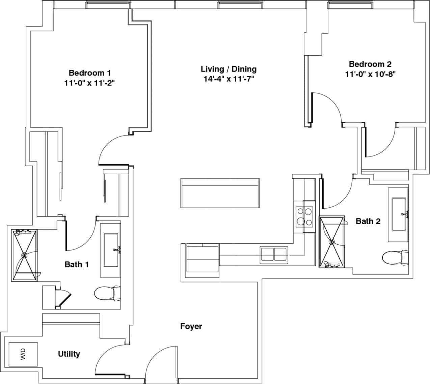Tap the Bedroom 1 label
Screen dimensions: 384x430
(89, 73)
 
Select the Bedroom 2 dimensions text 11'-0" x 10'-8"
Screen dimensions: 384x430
(370, 74)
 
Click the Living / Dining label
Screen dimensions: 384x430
(229, 69)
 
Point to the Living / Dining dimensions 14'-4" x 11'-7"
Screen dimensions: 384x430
(229, 79)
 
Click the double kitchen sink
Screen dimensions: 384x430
(274, 254)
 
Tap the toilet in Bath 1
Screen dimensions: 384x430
(108, 293)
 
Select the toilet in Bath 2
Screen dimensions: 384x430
(396, 258)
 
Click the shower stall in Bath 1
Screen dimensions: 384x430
(25, 255)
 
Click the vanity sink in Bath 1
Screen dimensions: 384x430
(111, 249)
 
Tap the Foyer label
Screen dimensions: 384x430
(191, 326)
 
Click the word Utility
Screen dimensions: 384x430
(69, 354)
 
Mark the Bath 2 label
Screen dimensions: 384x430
(368, 221)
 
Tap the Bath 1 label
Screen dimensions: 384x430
(77, 264)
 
